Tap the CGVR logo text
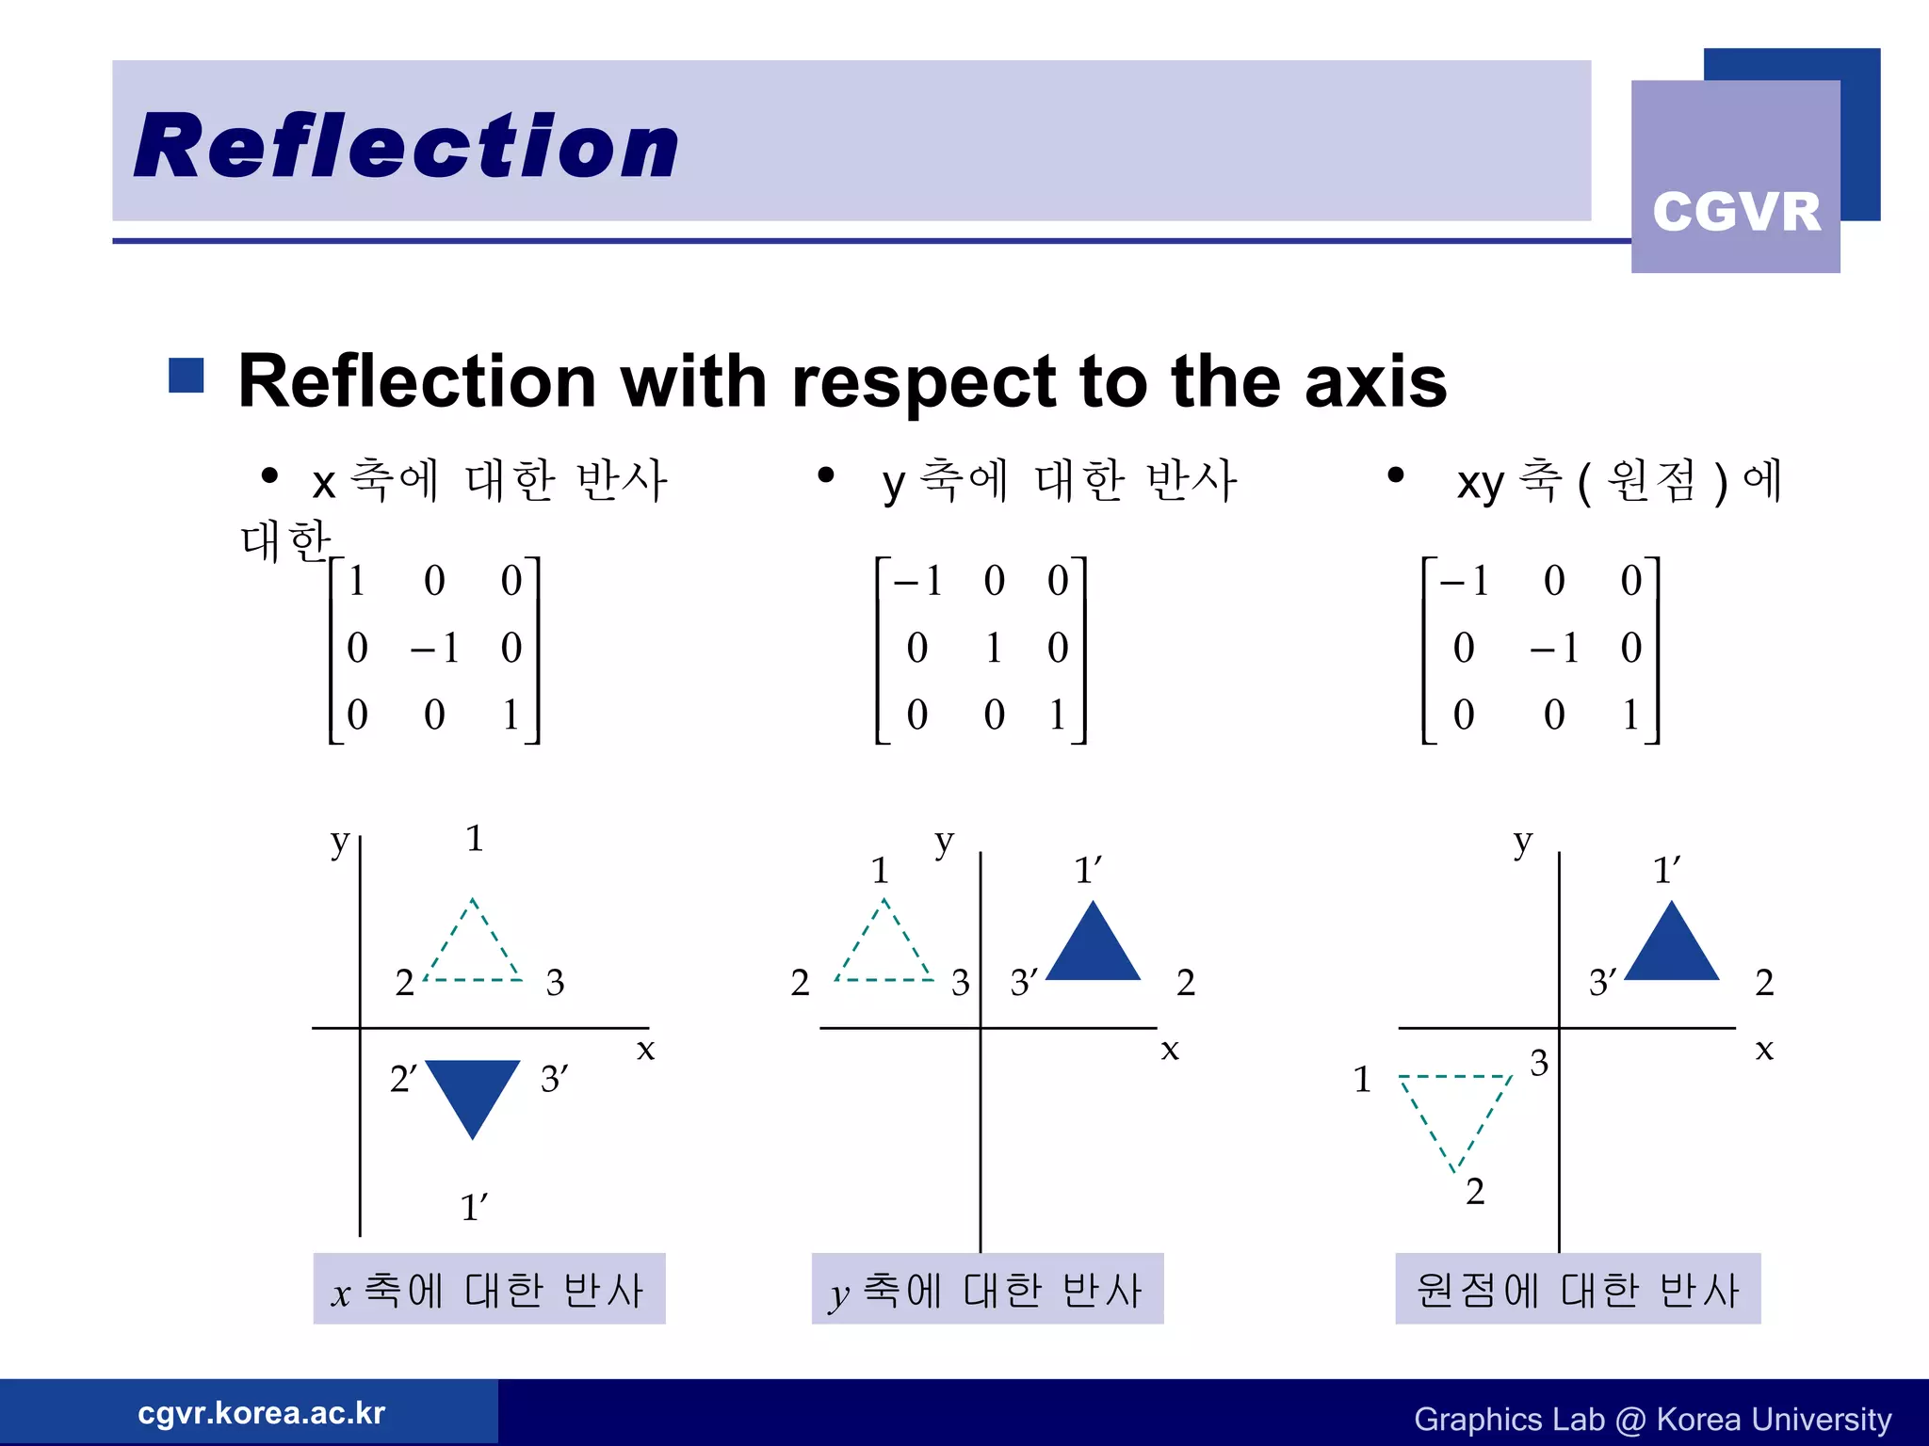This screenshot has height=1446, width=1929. [1736, 211]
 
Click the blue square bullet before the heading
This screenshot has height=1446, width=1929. [186, 375]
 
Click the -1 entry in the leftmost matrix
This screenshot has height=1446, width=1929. [435, 648]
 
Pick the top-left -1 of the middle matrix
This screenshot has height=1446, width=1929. [918, 581]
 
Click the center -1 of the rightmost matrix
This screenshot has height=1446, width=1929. [1554, 648]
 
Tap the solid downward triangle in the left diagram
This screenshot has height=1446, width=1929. [473, 1090]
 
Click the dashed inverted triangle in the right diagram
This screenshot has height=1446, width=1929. [1455, 1111]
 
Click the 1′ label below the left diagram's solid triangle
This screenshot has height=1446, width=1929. [474, 1207]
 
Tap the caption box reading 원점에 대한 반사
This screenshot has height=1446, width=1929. [1577, 1289]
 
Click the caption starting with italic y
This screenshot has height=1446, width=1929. [987, 1289]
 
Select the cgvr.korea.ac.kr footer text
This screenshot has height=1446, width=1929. [261, 1412]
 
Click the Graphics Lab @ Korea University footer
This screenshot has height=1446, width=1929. [1652, 1419]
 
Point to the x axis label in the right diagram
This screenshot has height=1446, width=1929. [1764, 1049]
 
